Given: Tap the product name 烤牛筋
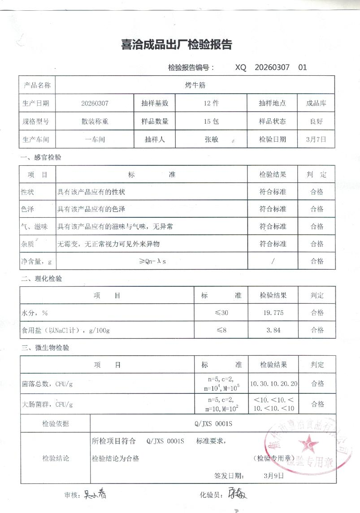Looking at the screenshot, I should [x=195, y=85].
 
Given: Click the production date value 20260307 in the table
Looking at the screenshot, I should [x=95, y=103].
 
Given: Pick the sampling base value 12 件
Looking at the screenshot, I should [x=211, y=103].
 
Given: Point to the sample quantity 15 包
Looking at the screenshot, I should [x=211, y=121].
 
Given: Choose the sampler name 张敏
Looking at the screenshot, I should [x=211, y=139].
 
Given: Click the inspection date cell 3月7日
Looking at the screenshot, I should [x=316, y=139].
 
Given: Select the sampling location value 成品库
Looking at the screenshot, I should [x=316, y=103].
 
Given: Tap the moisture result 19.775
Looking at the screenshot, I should [x=273, y=313].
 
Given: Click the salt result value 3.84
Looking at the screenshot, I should [x=273, y=330].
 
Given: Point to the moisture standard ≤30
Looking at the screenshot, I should [x=221, y=313].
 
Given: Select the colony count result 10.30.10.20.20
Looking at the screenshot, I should [x=273, y=384].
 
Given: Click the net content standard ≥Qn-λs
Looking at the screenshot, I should [x=152, y=261].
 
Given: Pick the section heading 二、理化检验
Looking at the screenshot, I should [x=41, y=279].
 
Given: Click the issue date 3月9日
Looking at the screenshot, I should [x=274, y=475].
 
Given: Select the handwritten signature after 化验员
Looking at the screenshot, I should [x=236, y=495].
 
